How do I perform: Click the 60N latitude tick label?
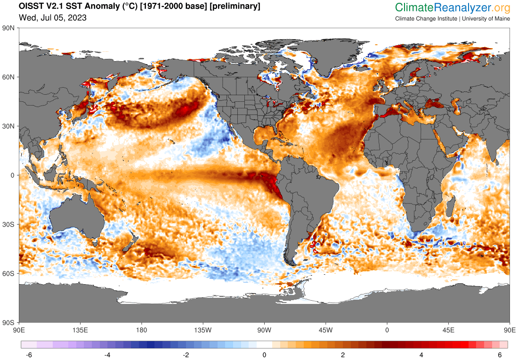point(9,77)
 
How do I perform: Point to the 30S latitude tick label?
point(9,224)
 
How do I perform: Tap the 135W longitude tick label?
point(203,329)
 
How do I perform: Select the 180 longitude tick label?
point(142,329)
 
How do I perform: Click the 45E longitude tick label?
point(448,329)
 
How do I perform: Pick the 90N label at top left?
point(9,28)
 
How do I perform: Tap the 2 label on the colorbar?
point(343,355)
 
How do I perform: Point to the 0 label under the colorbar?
point(265,355)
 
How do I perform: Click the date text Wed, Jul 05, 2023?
point(52,18)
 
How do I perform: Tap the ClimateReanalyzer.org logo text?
point(453,8)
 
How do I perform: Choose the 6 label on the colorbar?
point(500,355)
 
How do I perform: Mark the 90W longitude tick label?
point(264,329)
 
